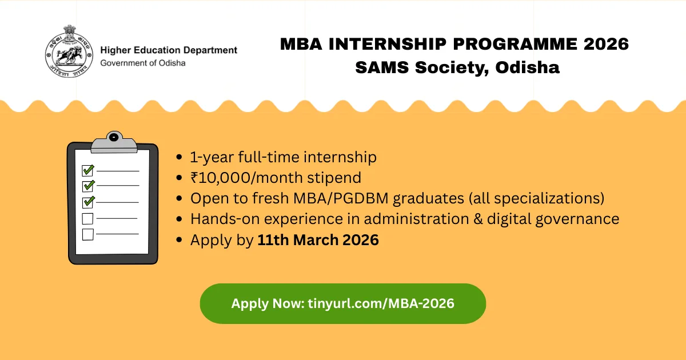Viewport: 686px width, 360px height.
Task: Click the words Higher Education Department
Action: tap(169, 50)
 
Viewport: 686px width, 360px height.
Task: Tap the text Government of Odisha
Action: tap(143, 63)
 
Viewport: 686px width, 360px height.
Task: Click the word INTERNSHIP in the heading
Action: tap(390, 44)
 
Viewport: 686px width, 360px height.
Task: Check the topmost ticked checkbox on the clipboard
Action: tap(88, 170)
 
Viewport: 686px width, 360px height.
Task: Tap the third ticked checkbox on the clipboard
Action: tap(88, 202)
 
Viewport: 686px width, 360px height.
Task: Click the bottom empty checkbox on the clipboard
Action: tap(88, 234)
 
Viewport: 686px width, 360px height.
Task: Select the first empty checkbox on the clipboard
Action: tap(88, 218)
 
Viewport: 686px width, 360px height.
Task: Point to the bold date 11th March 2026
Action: tap(318, 240)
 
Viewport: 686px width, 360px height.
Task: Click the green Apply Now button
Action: tap(342, 303)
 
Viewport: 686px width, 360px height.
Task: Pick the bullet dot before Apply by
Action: tap(181, 241)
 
